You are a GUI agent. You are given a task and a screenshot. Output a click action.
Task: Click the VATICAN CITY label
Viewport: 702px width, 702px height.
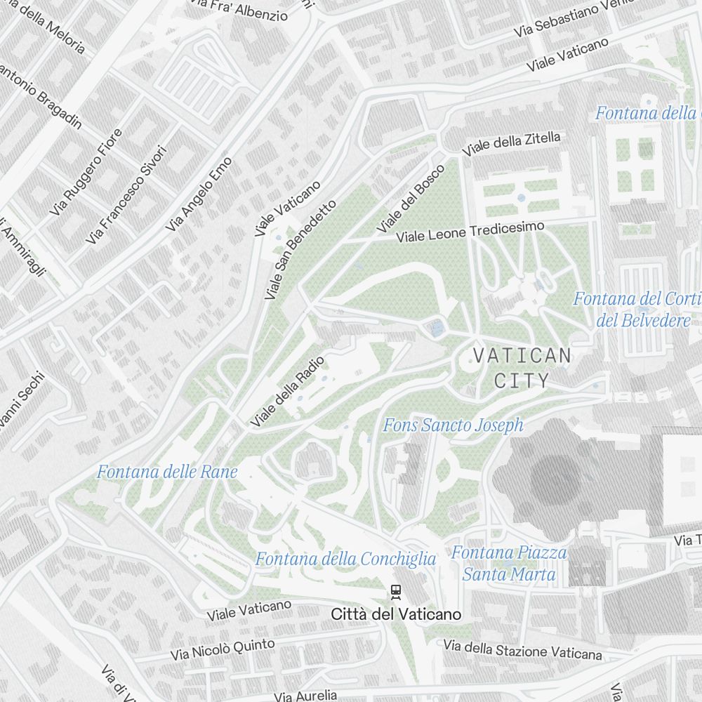tap(522, 368)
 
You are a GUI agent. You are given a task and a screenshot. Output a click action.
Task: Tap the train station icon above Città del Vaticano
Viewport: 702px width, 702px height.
tap(397, 592)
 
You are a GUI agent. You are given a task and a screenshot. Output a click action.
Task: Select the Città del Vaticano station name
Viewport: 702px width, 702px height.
tap(397, 614)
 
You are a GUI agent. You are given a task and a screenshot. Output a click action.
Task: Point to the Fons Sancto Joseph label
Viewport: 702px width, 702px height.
tap(453, 425)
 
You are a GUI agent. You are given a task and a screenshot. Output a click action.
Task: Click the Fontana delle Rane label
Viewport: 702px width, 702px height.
tap(167, 472)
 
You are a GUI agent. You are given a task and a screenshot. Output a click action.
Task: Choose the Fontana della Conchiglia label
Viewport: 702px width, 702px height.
tap(345, 559)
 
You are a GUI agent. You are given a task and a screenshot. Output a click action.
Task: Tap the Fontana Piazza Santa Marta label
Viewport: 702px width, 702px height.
tap(509, 564)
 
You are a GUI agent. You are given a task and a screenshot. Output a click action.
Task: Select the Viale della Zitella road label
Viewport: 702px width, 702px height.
tap(512, 143)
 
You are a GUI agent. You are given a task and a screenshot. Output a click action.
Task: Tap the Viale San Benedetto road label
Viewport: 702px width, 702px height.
tap(300, 250)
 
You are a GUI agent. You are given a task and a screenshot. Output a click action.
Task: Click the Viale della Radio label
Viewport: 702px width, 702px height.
tap(288, 392)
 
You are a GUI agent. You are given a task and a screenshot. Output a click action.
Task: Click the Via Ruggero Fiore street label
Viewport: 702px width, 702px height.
tap(86, 172)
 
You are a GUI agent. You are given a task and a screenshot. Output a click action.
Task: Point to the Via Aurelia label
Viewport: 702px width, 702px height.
tap(305, 696)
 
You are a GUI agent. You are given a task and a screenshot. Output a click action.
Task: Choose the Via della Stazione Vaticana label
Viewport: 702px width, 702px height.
tap(522, 650)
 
